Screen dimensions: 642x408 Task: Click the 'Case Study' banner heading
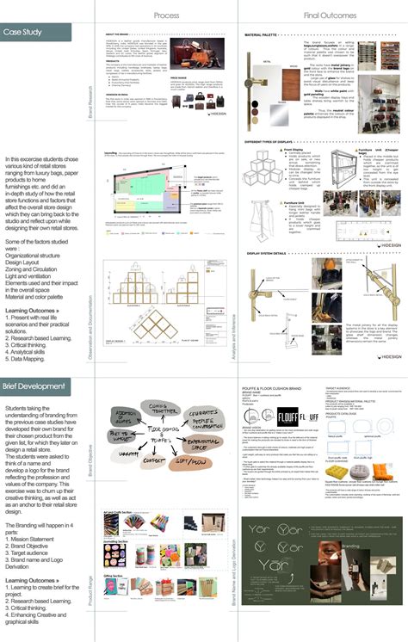pyautogui.click(x=25, y=33)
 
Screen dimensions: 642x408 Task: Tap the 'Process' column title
pyautogui.click(x=166, y=15)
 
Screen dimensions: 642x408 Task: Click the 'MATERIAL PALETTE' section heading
pyautogui.click(x=264, y=35)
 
